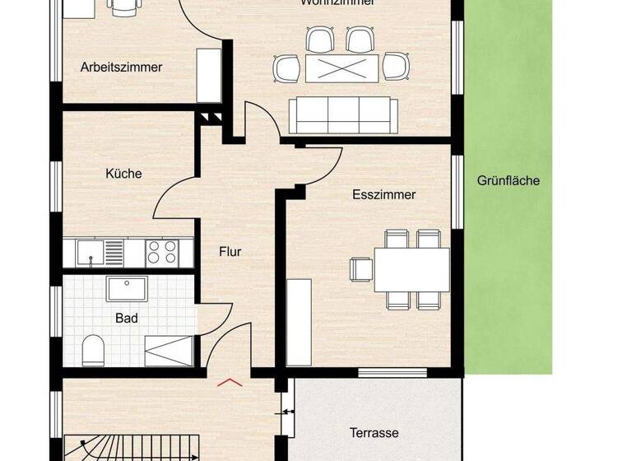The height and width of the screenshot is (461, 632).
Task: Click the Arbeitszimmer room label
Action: point(121,68)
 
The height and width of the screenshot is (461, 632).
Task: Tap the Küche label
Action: point(123,174)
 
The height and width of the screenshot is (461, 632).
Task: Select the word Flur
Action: point(230,252)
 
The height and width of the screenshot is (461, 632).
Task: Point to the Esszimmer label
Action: point(383,195)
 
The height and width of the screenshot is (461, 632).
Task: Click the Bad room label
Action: point(126,318)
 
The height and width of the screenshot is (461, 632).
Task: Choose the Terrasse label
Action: point(374,432)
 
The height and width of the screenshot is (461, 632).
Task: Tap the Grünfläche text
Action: point(509,180)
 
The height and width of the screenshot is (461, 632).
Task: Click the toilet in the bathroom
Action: point(92,350)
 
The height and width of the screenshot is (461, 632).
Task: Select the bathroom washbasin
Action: point(128,289)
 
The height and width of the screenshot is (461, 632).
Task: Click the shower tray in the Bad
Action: point(170,352)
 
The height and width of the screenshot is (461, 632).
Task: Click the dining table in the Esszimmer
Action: point(411,269)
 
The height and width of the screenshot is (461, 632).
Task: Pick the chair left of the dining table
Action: point(360,269)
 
